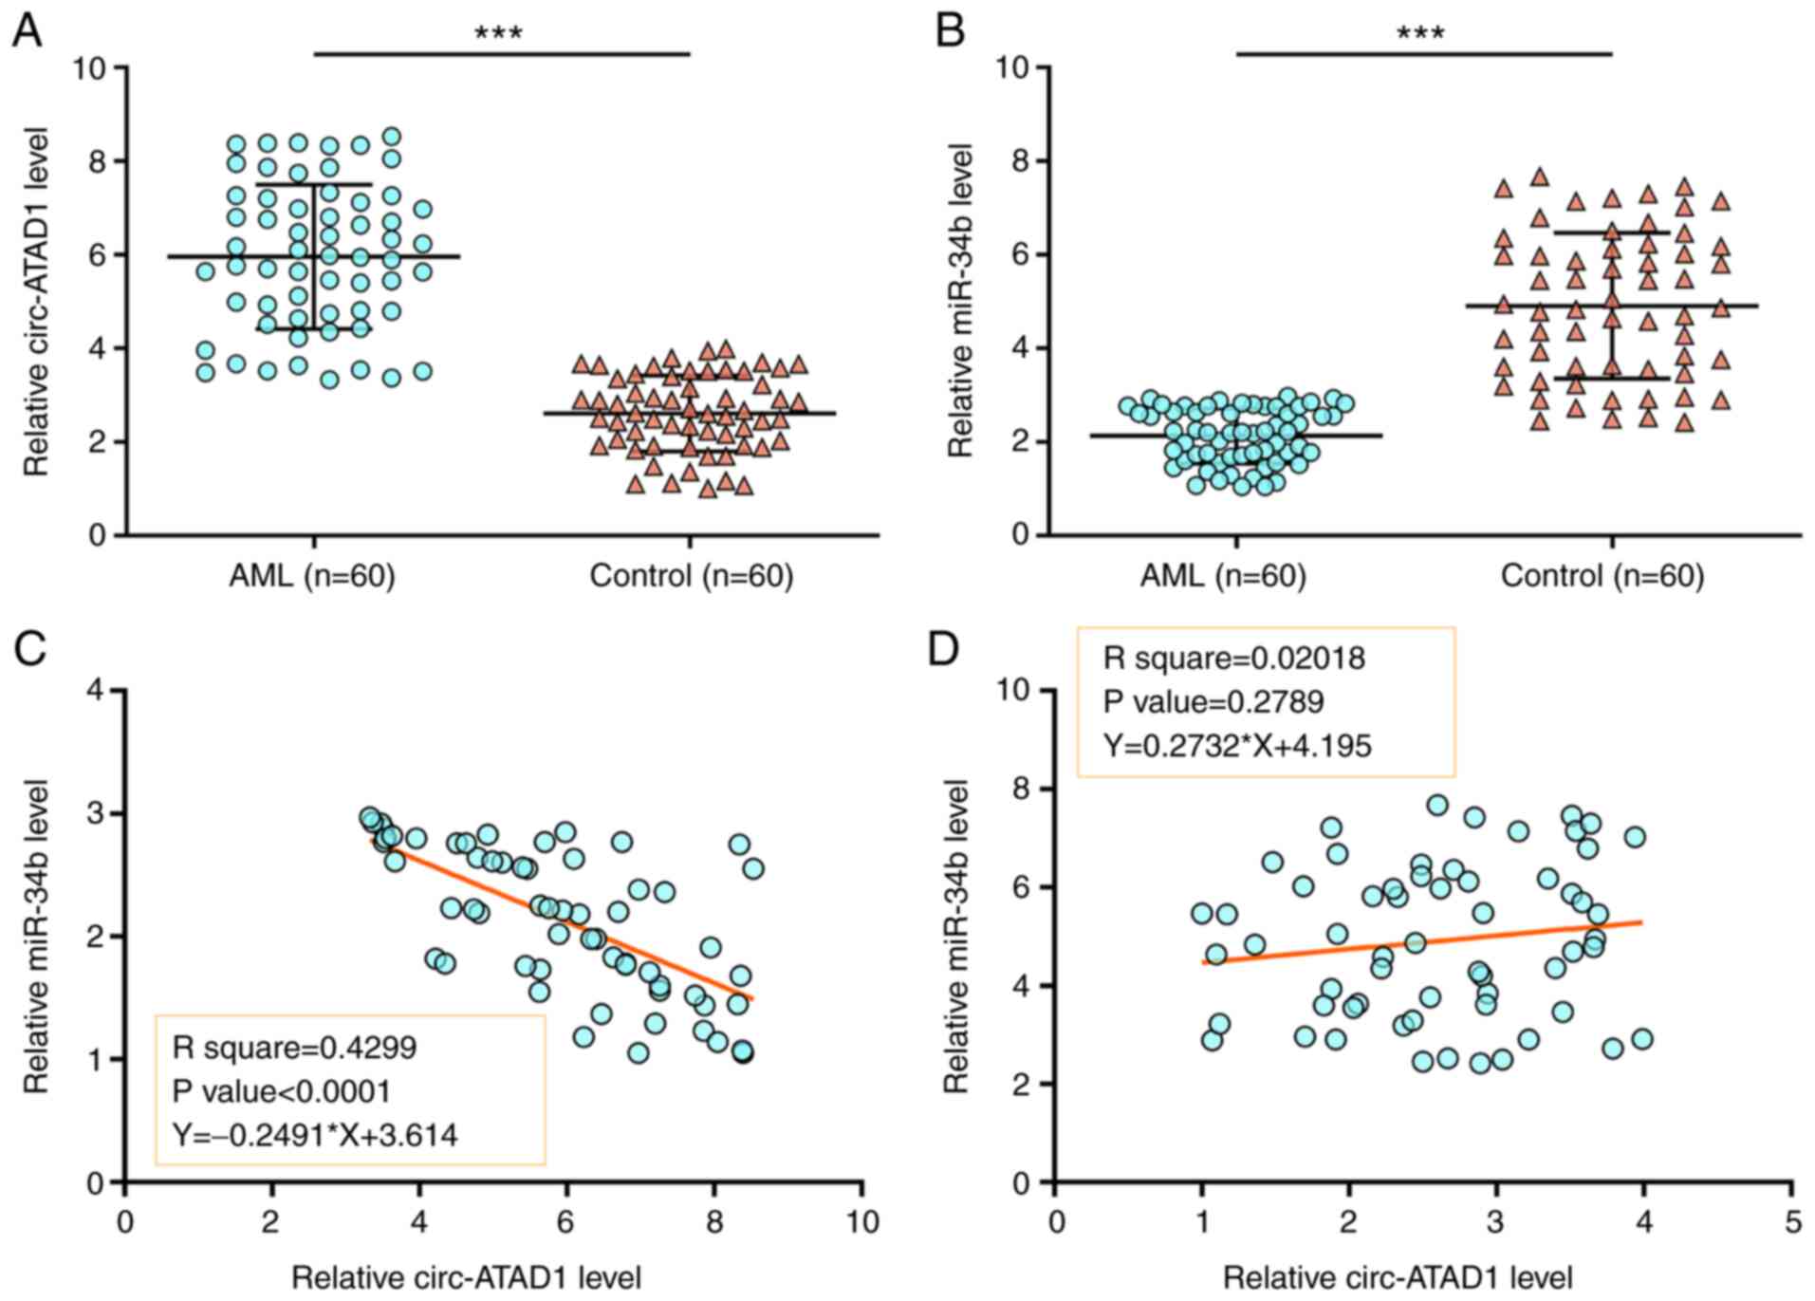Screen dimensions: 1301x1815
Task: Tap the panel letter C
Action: point(30,650)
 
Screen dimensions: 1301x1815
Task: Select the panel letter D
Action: point(943,650)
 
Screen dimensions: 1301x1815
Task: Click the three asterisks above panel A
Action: point(498,34)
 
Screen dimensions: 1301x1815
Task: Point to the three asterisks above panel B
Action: point(1420,34)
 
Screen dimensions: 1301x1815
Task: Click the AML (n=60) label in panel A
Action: point(311,576)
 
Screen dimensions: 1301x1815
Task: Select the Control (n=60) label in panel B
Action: point(1602,576)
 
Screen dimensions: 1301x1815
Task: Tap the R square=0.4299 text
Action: point(294,1048)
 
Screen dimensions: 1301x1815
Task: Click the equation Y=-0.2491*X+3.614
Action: point(315,1135)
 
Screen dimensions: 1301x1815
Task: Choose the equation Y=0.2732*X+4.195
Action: point(1237,746)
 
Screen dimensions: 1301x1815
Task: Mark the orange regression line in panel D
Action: point(1423,941)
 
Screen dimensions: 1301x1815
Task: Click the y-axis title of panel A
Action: point(36,302)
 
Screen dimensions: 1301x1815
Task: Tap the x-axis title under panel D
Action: point(1398,1278)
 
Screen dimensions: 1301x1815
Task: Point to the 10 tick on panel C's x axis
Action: point(862,1221)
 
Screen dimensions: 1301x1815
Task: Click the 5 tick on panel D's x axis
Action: point(1792,1221)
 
